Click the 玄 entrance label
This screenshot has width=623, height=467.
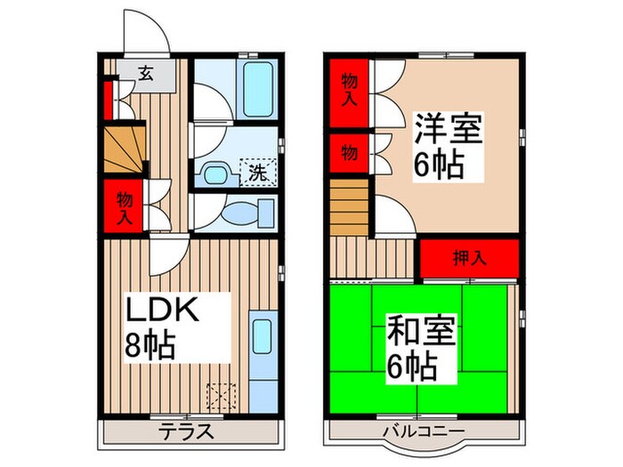[x=144, y=75]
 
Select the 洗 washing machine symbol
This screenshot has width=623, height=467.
[x=257, y=172]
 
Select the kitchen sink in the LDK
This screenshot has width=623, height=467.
[x=262, y=338]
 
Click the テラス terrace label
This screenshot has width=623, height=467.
[x=188, y=432]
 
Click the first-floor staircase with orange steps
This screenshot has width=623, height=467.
[x=123, y=149]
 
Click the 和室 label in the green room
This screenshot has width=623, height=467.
[x=419, y=333]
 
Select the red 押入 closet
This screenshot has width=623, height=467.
[x=469, y=259]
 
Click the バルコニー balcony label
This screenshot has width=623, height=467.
[x=421, y=432]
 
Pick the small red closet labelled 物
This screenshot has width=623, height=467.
[x=349, y=153]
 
